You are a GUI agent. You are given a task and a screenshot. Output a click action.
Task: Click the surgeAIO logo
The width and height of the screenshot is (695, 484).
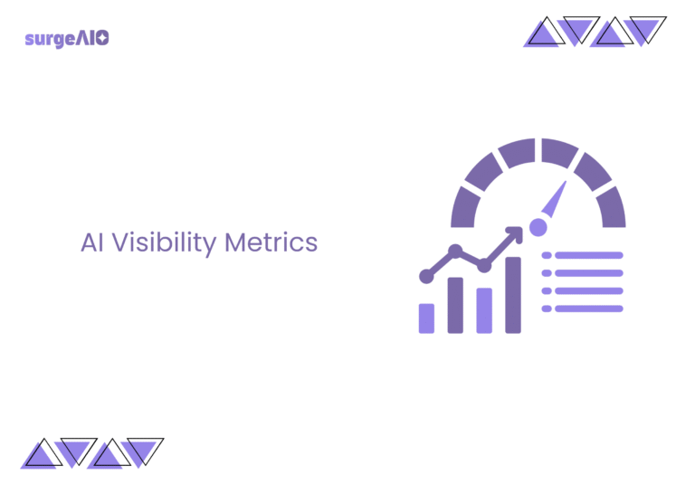tap(68, 39)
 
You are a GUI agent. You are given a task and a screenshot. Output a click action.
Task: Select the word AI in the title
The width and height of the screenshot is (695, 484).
tap(92, 243)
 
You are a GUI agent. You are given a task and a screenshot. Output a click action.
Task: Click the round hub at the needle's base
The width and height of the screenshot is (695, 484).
tap(538, 226)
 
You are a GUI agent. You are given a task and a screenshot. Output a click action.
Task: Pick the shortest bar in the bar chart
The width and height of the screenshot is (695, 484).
tap(426, 318)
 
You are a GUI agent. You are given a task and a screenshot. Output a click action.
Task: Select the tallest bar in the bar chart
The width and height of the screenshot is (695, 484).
tap(513, 295)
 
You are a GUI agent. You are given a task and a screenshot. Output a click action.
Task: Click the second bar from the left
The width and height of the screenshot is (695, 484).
tap(455, 305)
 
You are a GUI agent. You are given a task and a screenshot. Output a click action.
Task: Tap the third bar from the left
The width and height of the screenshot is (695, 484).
tap(484, 310)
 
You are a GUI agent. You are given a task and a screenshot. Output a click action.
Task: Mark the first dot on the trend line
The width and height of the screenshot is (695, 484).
tap(426, 275)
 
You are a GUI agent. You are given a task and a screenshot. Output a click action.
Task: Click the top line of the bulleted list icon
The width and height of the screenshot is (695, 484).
tap(588, 256)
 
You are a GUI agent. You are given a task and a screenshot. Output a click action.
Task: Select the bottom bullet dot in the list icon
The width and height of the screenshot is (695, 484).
tap(547, 308)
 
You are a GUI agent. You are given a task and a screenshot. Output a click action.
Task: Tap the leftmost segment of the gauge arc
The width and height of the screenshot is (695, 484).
tap(463, 207)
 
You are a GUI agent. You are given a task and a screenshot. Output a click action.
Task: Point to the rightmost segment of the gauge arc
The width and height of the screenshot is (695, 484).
tap(613, 207)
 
